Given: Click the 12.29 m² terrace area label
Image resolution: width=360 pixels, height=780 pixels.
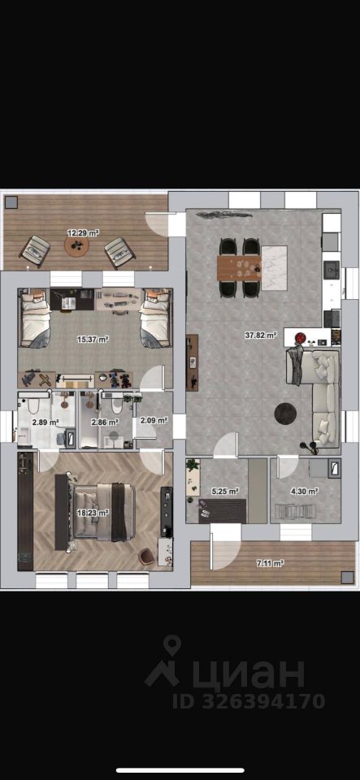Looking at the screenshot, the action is [83, 232].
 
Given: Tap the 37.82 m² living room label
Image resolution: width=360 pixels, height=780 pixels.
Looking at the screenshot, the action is [261, 336].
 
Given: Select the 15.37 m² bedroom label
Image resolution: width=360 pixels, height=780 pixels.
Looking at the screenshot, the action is [93, 340].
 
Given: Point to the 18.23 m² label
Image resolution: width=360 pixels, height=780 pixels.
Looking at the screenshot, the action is [93, 512].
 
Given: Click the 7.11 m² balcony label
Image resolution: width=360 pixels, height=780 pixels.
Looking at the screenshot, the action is [270, 563].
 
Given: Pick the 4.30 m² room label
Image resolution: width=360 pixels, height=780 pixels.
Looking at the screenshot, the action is [304, 492].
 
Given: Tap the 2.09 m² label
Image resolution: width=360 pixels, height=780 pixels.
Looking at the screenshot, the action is [154, 420].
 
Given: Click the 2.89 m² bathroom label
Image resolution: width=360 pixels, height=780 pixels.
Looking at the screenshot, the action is [46, 422].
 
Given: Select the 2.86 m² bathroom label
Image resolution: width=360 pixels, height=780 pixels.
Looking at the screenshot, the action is [104, 422].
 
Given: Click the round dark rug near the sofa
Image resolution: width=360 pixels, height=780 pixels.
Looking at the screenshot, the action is [286, 413].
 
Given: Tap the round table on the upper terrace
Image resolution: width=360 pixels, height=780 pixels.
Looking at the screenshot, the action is [76, 245].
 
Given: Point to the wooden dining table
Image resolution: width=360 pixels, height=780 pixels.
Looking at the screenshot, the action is [239, 269].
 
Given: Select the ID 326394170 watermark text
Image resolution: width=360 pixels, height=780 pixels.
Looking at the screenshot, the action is [249, 701].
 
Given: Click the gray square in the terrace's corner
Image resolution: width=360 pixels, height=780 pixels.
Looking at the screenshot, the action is [11, 202].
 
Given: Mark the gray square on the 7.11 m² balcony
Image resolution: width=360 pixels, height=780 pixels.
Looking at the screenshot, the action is [347, 577].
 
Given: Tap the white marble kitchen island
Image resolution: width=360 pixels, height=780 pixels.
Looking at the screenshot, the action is [275, 267].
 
